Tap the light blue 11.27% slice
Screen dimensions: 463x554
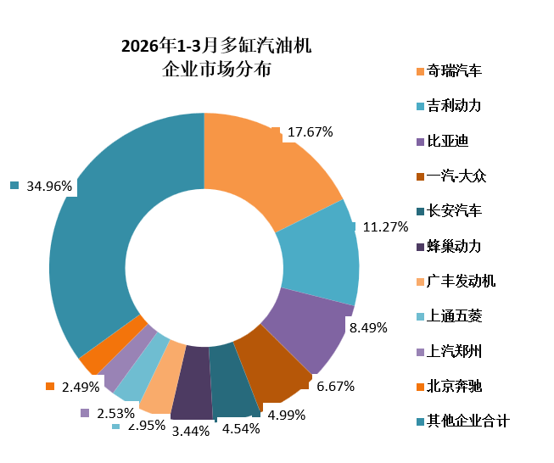point(318,254)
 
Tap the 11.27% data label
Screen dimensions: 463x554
point(385,227)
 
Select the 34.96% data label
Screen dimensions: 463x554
point(49,186)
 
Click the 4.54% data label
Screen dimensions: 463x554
point(240,428)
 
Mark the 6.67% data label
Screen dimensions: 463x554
point(335,386)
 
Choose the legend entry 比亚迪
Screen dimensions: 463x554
point(448,141)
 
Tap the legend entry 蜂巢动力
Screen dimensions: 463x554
point(454,246)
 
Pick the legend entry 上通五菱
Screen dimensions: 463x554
point(454,316)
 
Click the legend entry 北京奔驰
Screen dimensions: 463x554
point(454,387)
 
